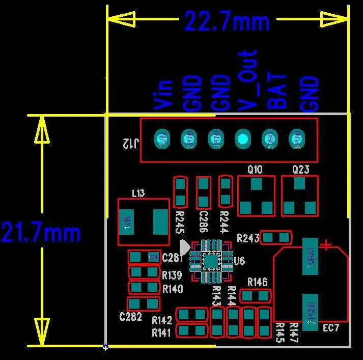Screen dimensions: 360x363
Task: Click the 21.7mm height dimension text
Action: pos(41,233)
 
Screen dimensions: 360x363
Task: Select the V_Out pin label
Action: pos(248,80)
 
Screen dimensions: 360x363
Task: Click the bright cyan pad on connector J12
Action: pos(242,138)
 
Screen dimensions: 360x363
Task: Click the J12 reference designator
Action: pos(129,144)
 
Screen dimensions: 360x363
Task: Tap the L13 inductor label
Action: pos(138,193)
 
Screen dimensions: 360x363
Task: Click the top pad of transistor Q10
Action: pos(256,183)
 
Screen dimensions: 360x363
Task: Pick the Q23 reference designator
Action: pos(300,170)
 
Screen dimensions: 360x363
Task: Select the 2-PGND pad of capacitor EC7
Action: pos(310,312)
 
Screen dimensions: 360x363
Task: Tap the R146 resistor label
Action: pos(257,282)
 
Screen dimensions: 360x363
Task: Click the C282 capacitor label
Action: pos(130,317)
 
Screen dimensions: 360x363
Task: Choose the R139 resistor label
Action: pos(172,275)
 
